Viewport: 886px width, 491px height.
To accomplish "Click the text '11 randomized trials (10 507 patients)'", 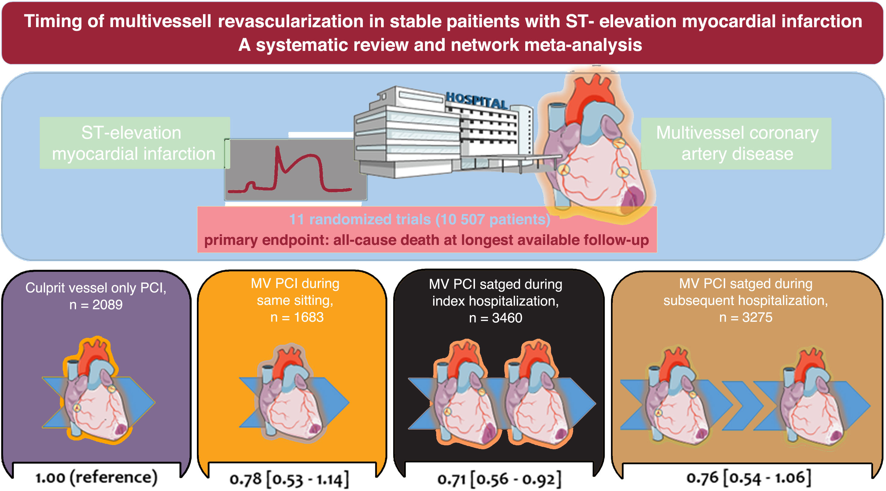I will pos(420,219).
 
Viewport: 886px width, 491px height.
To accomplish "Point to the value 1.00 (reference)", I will pos(96,477).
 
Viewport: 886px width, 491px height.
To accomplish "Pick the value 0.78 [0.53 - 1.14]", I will pos(289,479).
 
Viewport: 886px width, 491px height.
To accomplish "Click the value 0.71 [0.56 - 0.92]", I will pos(499,479).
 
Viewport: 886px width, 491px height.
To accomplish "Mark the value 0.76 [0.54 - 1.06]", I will pos(748,478).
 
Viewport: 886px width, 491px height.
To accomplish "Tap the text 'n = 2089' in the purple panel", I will pos(96,305).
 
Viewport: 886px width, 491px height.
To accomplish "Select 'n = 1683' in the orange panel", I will pos(297,317).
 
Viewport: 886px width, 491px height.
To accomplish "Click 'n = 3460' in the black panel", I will pos(496,318).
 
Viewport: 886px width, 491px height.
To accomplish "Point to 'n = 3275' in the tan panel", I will pos(746,317).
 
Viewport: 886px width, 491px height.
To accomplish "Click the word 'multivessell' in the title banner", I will pos(160,21).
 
